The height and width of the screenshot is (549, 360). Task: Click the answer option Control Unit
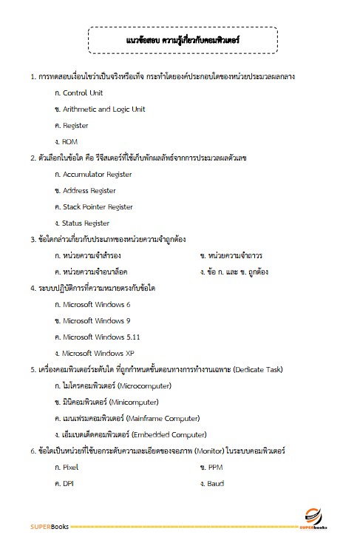click(83, 93)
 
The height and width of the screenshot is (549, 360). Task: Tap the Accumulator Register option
click(97, 175)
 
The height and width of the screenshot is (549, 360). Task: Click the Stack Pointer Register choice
click(98, 207)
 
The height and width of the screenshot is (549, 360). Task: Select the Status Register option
click(86, 223)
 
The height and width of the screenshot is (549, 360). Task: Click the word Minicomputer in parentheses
click(133, 403)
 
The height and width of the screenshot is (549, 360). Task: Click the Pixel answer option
click(71, 467)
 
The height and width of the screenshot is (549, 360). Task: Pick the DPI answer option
click(69, 483)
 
